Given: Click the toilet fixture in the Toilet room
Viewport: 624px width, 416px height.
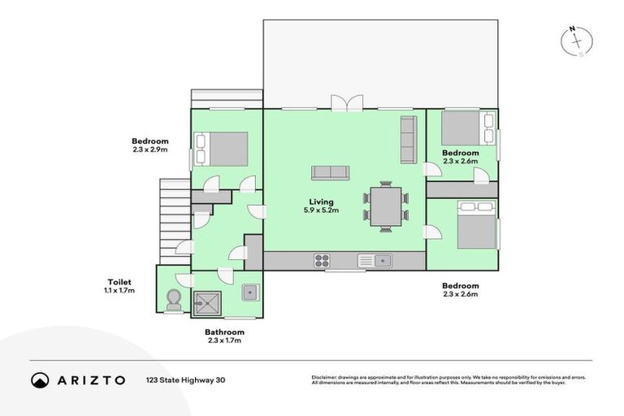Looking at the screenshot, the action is (174, 300).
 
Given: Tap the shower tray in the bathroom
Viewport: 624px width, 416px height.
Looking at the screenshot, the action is (207, 304).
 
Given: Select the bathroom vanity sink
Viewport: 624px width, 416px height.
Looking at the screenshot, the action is (251, 292).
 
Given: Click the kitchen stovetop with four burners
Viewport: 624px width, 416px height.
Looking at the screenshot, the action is (322, 261).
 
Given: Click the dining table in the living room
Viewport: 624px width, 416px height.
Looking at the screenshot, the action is (386, 206).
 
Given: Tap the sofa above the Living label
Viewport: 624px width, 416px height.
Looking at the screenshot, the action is (331, 173).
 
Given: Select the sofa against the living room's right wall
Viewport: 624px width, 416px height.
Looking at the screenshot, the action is (409, 140).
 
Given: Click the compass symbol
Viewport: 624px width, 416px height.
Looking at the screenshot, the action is (577, 41).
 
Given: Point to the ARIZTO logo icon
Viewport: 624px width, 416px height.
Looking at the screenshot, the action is (40, 380).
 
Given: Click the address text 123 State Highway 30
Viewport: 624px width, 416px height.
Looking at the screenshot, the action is (185, 380).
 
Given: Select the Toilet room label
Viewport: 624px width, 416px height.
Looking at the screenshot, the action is (119, 282).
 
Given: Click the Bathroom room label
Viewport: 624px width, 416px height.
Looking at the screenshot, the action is (224, 332).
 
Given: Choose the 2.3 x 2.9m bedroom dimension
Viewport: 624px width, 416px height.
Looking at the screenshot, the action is (150, 149).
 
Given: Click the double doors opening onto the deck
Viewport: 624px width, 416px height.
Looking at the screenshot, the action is (347, 102).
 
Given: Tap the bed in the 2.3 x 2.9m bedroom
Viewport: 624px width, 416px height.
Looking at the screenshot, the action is (221, 149).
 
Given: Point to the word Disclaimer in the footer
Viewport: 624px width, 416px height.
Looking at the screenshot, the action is (324, 377).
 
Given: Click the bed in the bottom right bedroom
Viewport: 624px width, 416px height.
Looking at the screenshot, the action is (477, 225).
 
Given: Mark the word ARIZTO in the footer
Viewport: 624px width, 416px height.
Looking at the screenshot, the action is (91, 380).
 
